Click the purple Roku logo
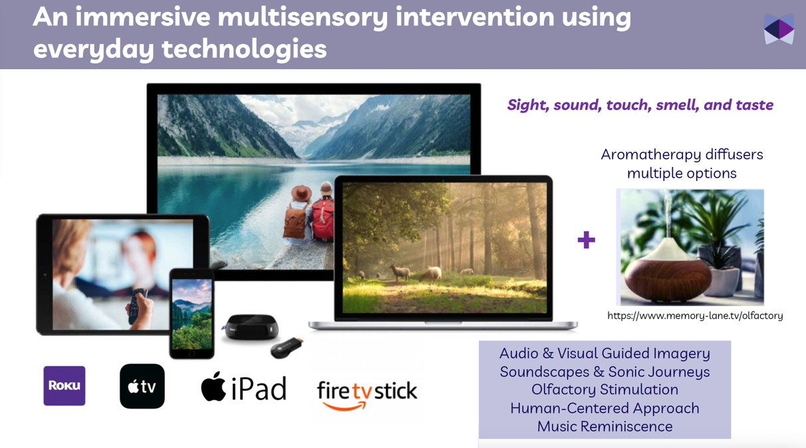(x=65, y=385)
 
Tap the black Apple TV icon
(x=142, y=386)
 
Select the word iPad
(x=259, y=389)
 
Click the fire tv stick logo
(x=367, y=394)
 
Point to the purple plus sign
(x=586, y=240)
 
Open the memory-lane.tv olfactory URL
(x=695, y=316)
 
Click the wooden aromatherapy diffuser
(x=668, y=272)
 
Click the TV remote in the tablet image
(x=137, y=305)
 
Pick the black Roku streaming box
(x=251, y=327)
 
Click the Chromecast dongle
(x=287, y=347)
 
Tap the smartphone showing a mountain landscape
(x=192, y=314)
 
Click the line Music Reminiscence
(x=605, y=427)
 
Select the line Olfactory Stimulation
(x=605, y=389)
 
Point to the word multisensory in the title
(x=303, y=17)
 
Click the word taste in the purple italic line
(x=755, y=105)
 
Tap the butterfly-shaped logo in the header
(x=779, y=29)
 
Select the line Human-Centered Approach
(x=605, y=408)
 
